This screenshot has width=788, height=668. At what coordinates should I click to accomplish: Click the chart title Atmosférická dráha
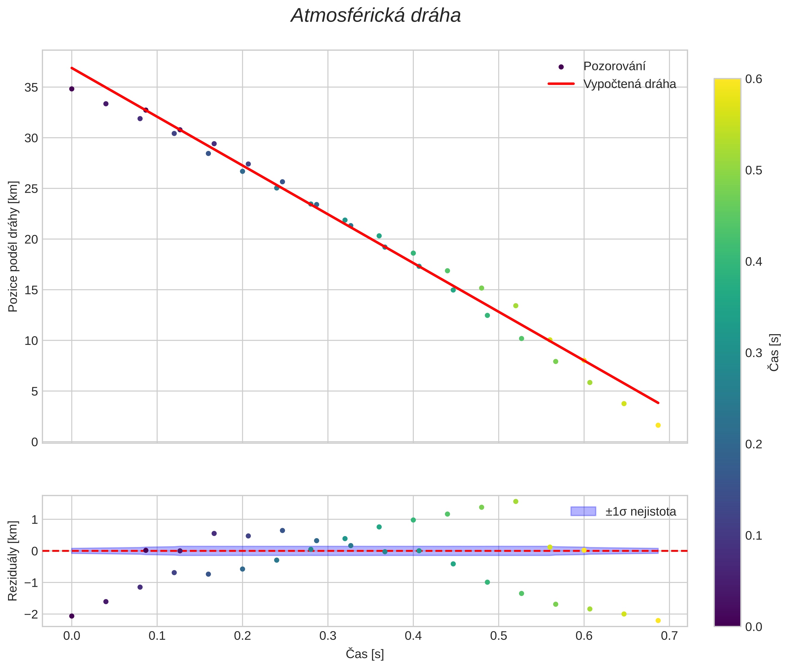click(x=375, y=16)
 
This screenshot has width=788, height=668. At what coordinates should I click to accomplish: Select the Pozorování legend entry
click(x=614, y=66)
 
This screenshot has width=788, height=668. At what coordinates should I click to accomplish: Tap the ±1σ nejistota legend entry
click(x=640, y=512)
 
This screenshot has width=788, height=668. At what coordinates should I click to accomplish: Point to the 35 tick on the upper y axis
click(x=31, y=88)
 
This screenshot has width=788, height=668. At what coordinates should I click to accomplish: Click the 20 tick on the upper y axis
click(x=31, y=239)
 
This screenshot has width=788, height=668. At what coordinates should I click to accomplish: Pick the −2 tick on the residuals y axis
click(x=31, y=614)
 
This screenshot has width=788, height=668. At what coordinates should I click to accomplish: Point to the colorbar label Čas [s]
click(x=774, y=353)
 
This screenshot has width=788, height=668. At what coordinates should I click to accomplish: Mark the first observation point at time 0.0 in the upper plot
click(x=71, y=89)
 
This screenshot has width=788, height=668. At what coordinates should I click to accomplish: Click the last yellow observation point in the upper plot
click(x=658, y=425)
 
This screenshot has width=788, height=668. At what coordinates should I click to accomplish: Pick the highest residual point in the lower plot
click(x=516, y=501)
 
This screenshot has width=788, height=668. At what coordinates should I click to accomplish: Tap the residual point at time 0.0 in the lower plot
click(x=71, y=616)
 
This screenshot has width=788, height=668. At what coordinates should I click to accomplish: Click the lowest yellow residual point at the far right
click(x=658, y=621)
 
